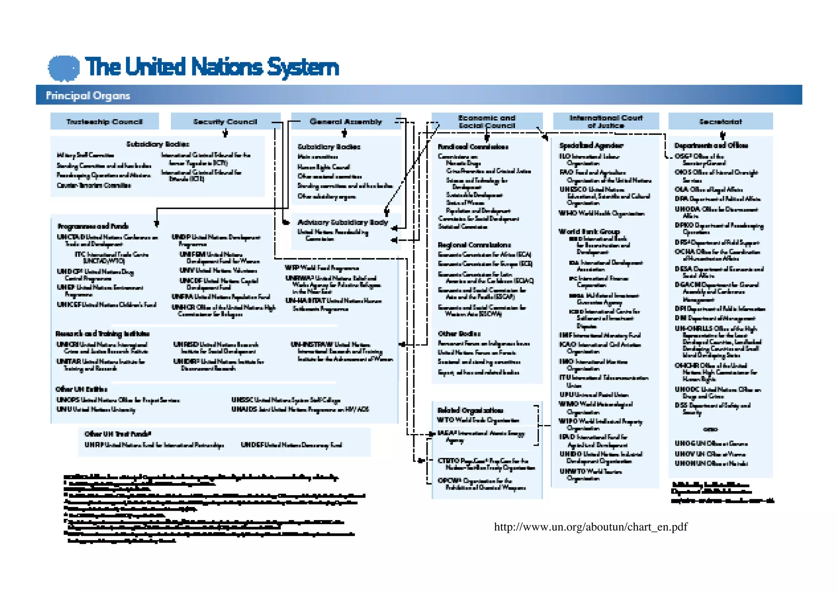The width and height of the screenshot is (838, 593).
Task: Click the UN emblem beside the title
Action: click(x=64, y=68)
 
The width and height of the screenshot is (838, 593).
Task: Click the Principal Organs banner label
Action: click(x=88, y=95)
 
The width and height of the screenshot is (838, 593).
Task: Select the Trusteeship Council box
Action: click(x=104, y=122)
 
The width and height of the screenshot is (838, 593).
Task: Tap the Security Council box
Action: click(x=225, y=122)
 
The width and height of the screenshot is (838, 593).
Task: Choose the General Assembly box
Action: click(x=346, y=122)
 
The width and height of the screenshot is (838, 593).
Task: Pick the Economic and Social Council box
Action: click(x=487, y=122)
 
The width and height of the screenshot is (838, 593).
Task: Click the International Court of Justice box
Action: click(x=606, y=121)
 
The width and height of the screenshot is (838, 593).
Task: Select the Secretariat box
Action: click(x=720, y=122)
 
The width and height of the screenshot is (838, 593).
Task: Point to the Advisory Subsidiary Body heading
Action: click(x=342, y=222)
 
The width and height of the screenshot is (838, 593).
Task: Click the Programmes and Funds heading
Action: click(x=93, y=226)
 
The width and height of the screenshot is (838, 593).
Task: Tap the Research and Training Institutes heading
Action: click(x=102, y=334)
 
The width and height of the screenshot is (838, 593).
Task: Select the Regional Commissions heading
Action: click(x=474, y=245)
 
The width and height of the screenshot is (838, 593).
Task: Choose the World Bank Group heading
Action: click(x=589, y=231)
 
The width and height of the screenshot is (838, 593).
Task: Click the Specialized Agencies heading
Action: click(x=591, y=145)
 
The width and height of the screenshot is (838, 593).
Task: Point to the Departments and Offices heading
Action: click(x=711, y=145)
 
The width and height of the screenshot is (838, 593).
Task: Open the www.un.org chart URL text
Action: click(x=590, y=527)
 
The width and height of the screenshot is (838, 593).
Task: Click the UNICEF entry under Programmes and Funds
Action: click(x=106, y=305)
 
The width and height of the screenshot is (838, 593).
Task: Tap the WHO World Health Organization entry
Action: click(x=601, y=213)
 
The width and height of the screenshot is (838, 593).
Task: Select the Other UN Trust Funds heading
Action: click(x=118, y=434)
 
